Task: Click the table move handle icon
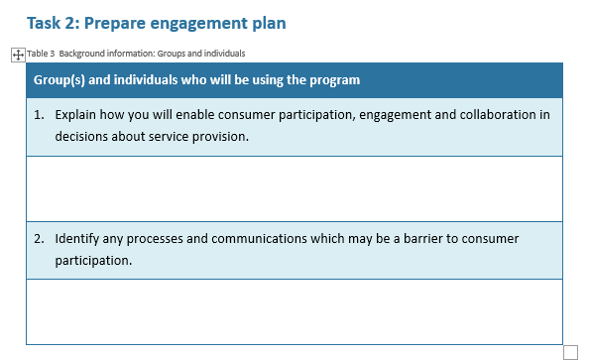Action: point(17,54)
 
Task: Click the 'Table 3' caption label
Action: point(42,54)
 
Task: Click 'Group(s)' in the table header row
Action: point(59,79)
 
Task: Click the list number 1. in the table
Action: point(39,115)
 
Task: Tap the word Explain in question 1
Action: point(76,115)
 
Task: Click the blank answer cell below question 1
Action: point(294,187)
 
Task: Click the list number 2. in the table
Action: point(39,239)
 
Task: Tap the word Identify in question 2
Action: point(78,239)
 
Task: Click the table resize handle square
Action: point(570,352)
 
